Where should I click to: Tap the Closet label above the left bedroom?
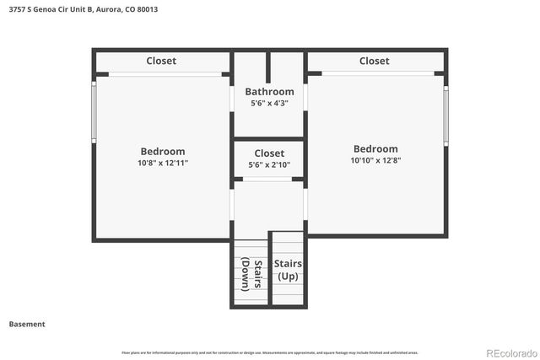161,61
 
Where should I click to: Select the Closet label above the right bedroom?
374,61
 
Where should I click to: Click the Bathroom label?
269,92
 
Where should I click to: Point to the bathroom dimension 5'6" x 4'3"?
269,104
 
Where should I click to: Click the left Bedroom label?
163,152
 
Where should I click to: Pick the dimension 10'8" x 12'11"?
163,163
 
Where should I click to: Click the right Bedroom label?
375,149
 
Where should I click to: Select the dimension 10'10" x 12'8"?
375,160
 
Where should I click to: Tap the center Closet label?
269,153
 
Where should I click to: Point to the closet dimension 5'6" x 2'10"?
269,164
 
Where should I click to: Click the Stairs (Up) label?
288,270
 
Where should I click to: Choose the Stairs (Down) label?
251,273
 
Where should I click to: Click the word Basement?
27,324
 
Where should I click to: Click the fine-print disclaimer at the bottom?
269,352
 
